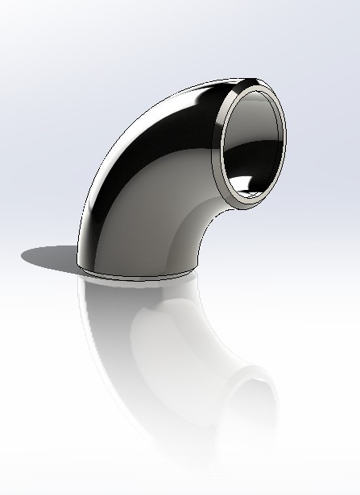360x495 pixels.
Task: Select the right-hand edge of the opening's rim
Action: [x=288, y=137]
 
